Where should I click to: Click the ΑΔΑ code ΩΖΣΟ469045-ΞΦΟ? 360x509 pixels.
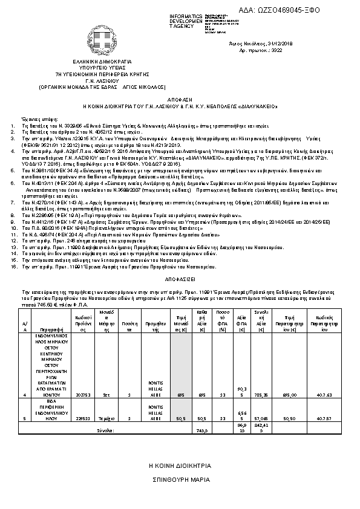307,10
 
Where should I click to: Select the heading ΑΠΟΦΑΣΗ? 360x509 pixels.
180,97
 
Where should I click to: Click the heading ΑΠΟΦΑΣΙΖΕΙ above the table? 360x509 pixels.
180,281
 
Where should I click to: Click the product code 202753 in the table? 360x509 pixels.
83,395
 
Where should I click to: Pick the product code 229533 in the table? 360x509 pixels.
83,418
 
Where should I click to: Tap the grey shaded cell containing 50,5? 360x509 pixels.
180,418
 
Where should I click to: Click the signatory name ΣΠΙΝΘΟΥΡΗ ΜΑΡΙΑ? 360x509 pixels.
180,479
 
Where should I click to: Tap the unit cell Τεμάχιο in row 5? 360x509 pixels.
106,418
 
